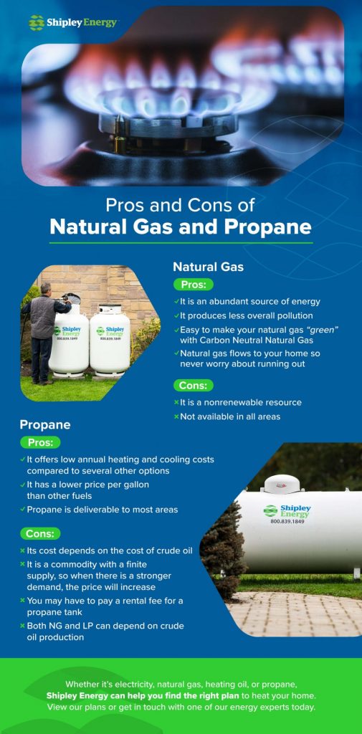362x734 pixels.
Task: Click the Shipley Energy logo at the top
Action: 72,22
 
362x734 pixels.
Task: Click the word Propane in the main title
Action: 268,227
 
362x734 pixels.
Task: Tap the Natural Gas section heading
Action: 208,267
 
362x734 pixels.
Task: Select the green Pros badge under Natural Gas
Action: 193,284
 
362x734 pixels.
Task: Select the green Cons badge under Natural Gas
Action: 193,385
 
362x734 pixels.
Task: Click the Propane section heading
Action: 45,424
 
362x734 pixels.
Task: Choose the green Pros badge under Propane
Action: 40,442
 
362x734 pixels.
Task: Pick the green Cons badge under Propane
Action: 40,533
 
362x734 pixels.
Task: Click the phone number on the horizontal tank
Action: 287,521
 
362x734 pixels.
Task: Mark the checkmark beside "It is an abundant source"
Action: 176,302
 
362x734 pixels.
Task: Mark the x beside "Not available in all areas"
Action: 176,416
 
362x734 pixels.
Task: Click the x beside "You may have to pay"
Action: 22,600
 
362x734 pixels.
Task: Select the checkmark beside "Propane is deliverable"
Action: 22,509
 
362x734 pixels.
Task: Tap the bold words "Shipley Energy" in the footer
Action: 80,695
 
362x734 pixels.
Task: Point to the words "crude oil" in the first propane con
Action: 167,550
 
